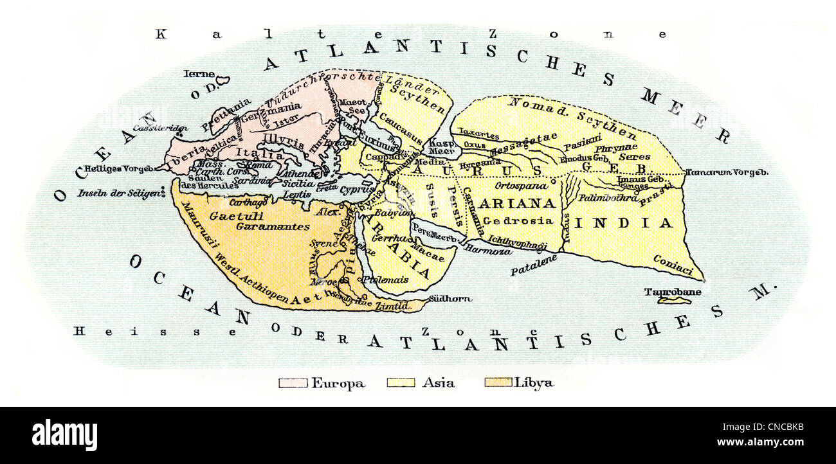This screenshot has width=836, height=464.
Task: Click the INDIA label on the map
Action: (x=623, y=223)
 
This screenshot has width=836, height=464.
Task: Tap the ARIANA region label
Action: (x=525, y=204)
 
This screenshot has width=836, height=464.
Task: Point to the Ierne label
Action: (x=199, y=74)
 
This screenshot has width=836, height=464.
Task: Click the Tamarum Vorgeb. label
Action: (x=727, y=172)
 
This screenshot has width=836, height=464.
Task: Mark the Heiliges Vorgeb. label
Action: (x=114, y=169)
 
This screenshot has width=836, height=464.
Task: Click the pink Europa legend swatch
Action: (x=293, y=383)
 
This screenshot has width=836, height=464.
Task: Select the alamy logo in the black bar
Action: (x=64, y=436)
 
